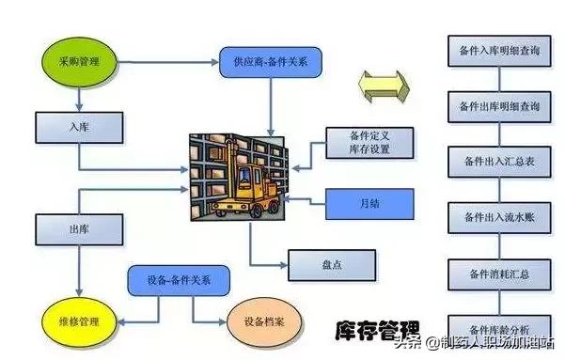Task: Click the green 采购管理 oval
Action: [x=79, y=62]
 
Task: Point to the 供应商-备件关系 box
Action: [x=271, y=62]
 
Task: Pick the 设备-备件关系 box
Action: [x=178, y=279]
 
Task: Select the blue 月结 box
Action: [x=369, y=203]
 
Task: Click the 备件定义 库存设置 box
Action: [x=369, y=144]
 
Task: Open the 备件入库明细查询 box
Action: [x=501, y=51]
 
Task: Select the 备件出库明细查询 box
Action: [x=501, y=106]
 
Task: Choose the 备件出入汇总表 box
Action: [x=501, y=162]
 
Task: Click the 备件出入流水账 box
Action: [x=501, y=218]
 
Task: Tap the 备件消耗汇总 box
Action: [x=501, y=274]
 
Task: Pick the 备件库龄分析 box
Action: [x=501, y=328]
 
